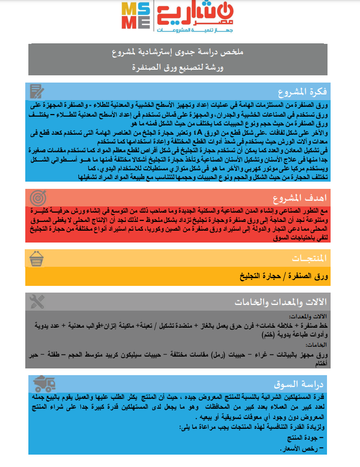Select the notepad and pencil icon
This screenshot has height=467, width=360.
37,92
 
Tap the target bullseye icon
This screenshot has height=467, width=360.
37,197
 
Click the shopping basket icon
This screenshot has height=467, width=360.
37,257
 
